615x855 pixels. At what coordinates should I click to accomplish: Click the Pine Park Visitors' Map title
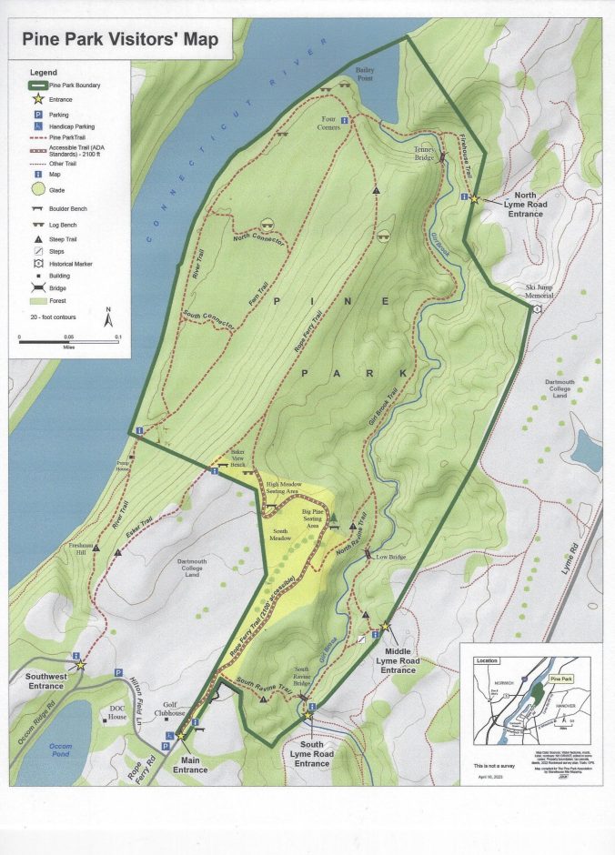point(120,40)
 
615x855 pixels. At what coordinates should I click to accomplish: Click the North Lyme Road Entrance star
point(474,199)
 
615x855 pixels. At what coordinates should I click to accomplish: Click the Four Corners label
point(329,124)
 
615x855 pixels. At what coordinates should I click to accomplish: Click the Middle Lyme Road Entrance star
point(384,627)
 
